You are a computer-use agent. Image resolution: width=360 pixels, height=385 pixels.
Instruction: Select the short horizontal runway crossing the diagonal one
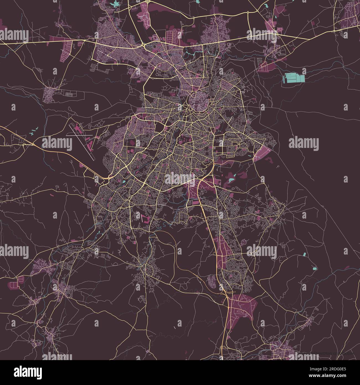pos(79,135)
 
